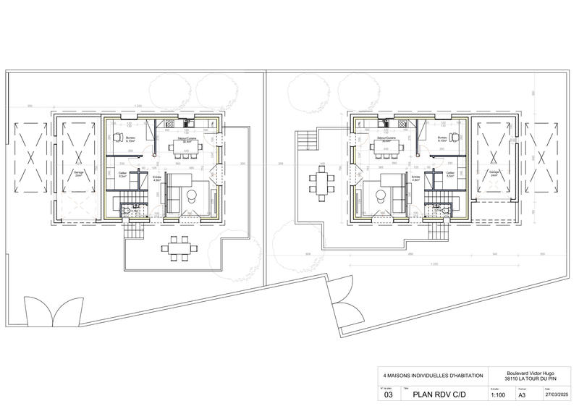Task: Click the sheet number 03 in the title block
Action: click(388, 395)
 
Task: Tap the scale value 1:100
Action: click(498, 395)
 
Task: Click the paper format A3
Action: click(522, 395)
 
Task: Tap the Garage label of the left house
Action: click(79, 173)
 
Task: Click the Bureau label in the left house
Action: click(131, 138)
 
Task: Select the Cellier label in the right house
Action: click(449, 174)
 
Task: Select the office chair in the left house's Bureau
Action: click(117, 135)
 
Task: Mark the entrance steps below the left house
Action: click(135, 232)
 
